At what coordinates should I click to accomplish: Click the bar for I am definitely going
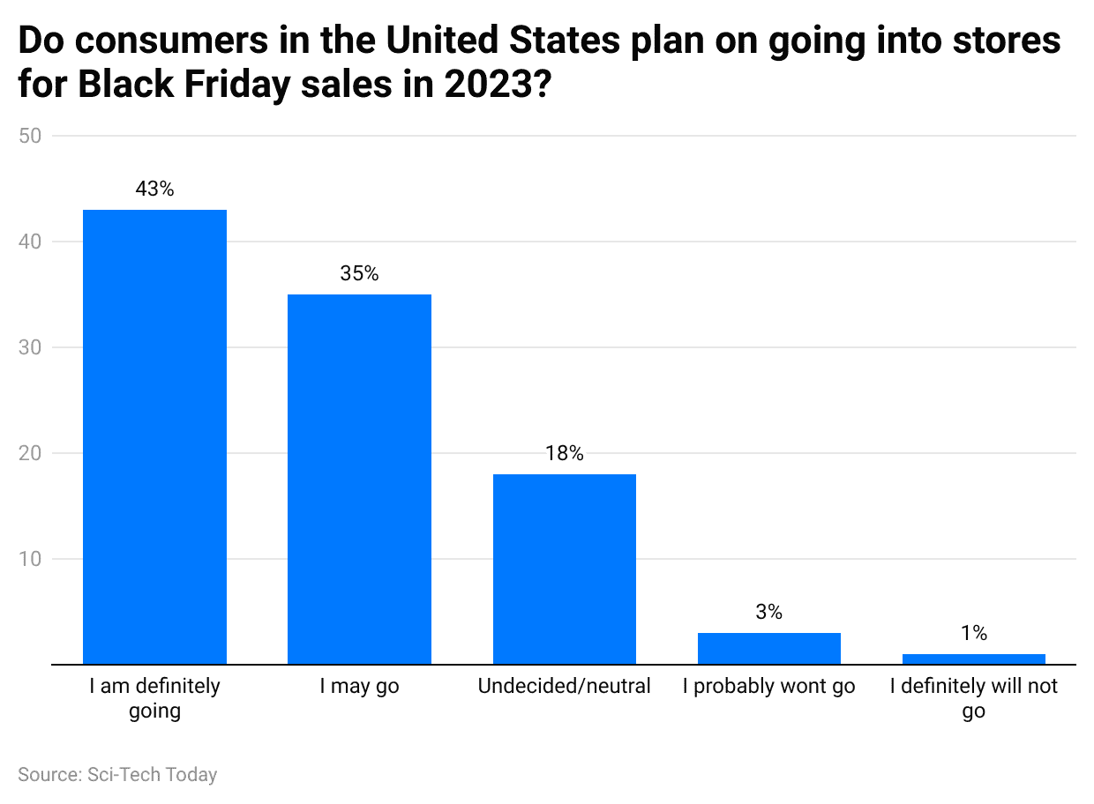[154, 436]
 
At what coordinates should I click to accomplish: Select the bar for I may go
[359, 479]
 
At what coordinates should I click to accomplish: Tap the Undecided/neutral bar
[564, 569]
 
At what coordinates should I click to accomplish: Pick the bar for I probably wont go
[768, 648]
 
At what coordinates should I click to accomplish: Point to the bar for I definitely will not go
[973, 659]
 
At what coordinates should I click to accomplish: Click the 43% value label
[154, 189]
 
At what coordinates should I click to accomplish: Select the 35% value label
[359, 273]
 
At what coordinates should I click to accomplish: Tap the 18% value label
[564, 453]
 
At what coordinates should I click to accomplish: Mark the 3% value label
[768, 612]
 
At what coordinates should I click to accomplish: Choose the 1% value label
[973, 633]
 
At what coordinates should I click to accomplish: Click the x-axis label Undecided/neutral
[564, 687]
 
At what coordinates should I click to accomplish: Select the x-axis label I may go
[359, 687]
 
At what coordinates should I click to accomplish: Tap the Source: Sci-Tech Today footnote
[117, 775]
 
